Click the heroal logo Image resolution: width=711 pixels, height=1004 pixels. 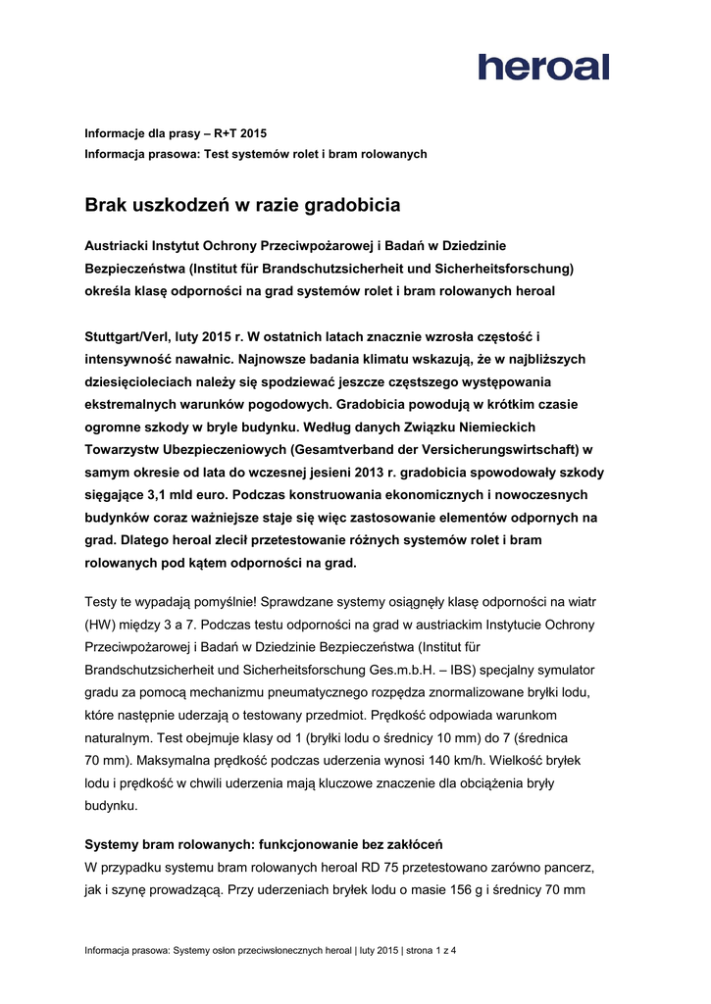tap(543, 67)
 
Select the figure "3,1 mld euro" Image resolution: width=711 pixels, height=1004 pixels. tap(179, 495)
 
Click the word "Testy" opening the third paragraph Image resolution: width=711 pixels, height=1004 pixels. tap(103, 602)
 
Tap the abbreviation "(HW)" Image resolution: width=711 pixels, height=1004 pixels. tap(103, 625)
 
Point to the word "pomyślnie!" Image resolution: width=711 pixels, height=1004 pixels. tap(224, 602)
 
